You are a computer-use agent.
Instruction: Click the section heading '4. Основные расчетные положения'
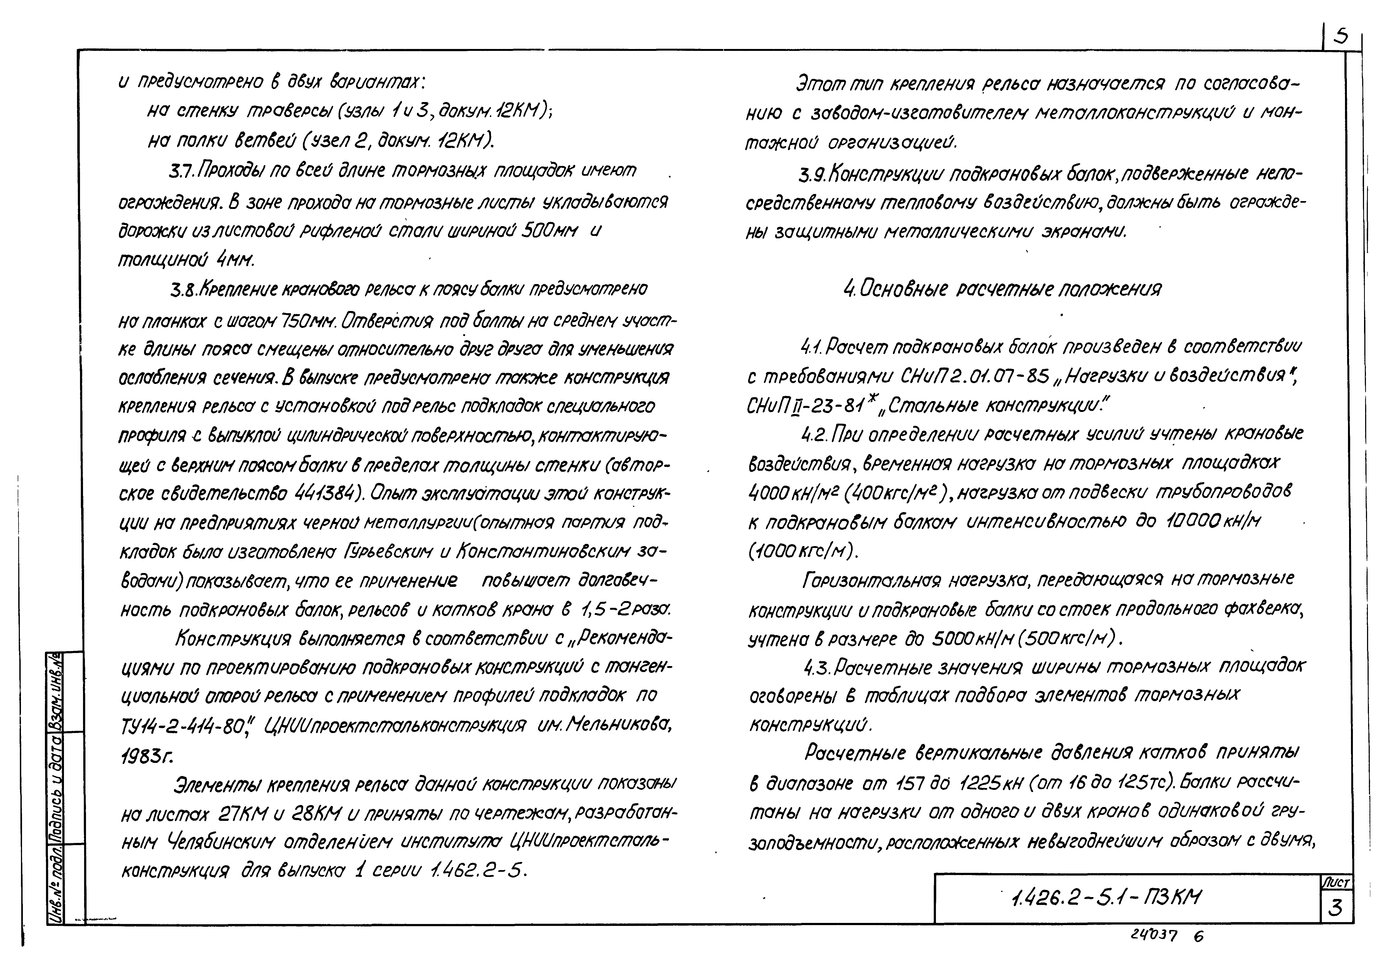pyautogui.click(x=1002, y=290)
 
